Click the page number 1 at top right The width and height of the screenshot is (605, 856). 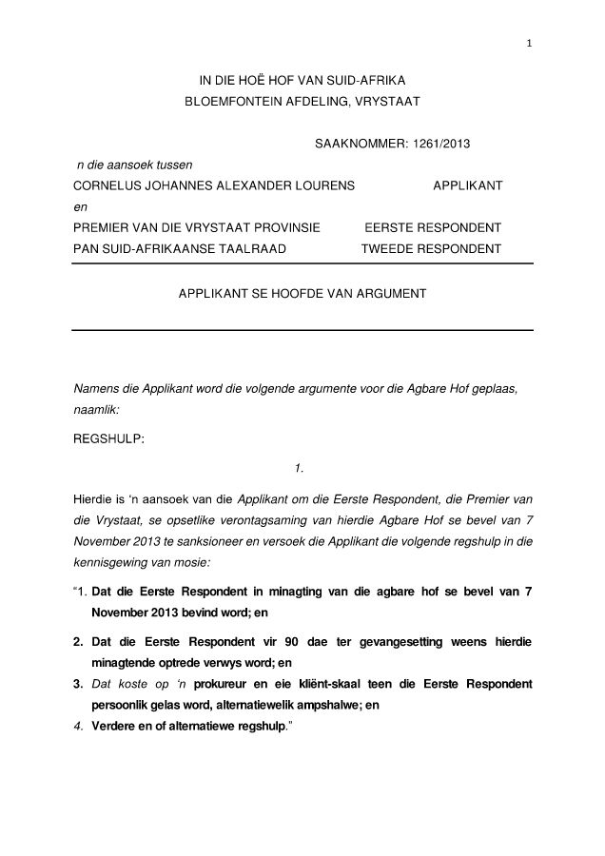[529, 43]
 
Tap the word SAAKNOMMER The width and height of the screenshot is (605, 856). [357, 144]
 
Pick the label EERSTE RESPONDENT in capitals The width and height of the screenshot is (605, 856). [433, 228]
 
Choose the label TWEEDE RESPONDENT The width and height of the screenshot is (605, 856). [431, 249]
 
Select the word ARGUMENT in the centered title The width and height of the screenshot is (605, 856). [380, 295]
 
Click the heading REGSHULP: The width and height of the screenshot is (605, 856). [108, 439]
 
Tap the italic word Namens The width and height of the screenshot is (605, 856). [96, 390]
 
